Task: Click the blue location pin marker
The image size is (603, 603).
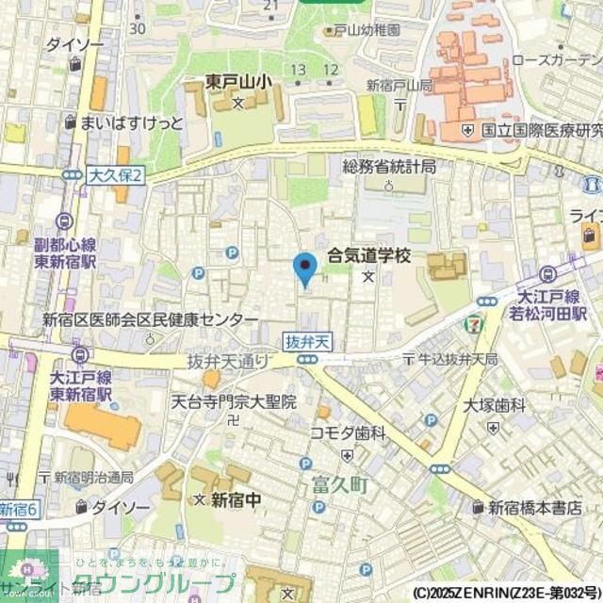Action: click(303, 268)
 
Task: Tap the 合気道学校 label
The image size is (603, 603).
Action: click(369, 255)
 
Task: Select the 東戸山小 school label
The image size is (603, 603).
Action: click(239, 83)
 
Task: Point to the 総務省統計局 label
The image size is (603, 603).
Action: click(389, 166)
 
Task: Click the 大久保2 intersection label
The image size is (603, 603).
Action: click(114, 176)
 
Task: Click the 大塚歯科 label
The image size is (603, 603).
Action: click(496, 405)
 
